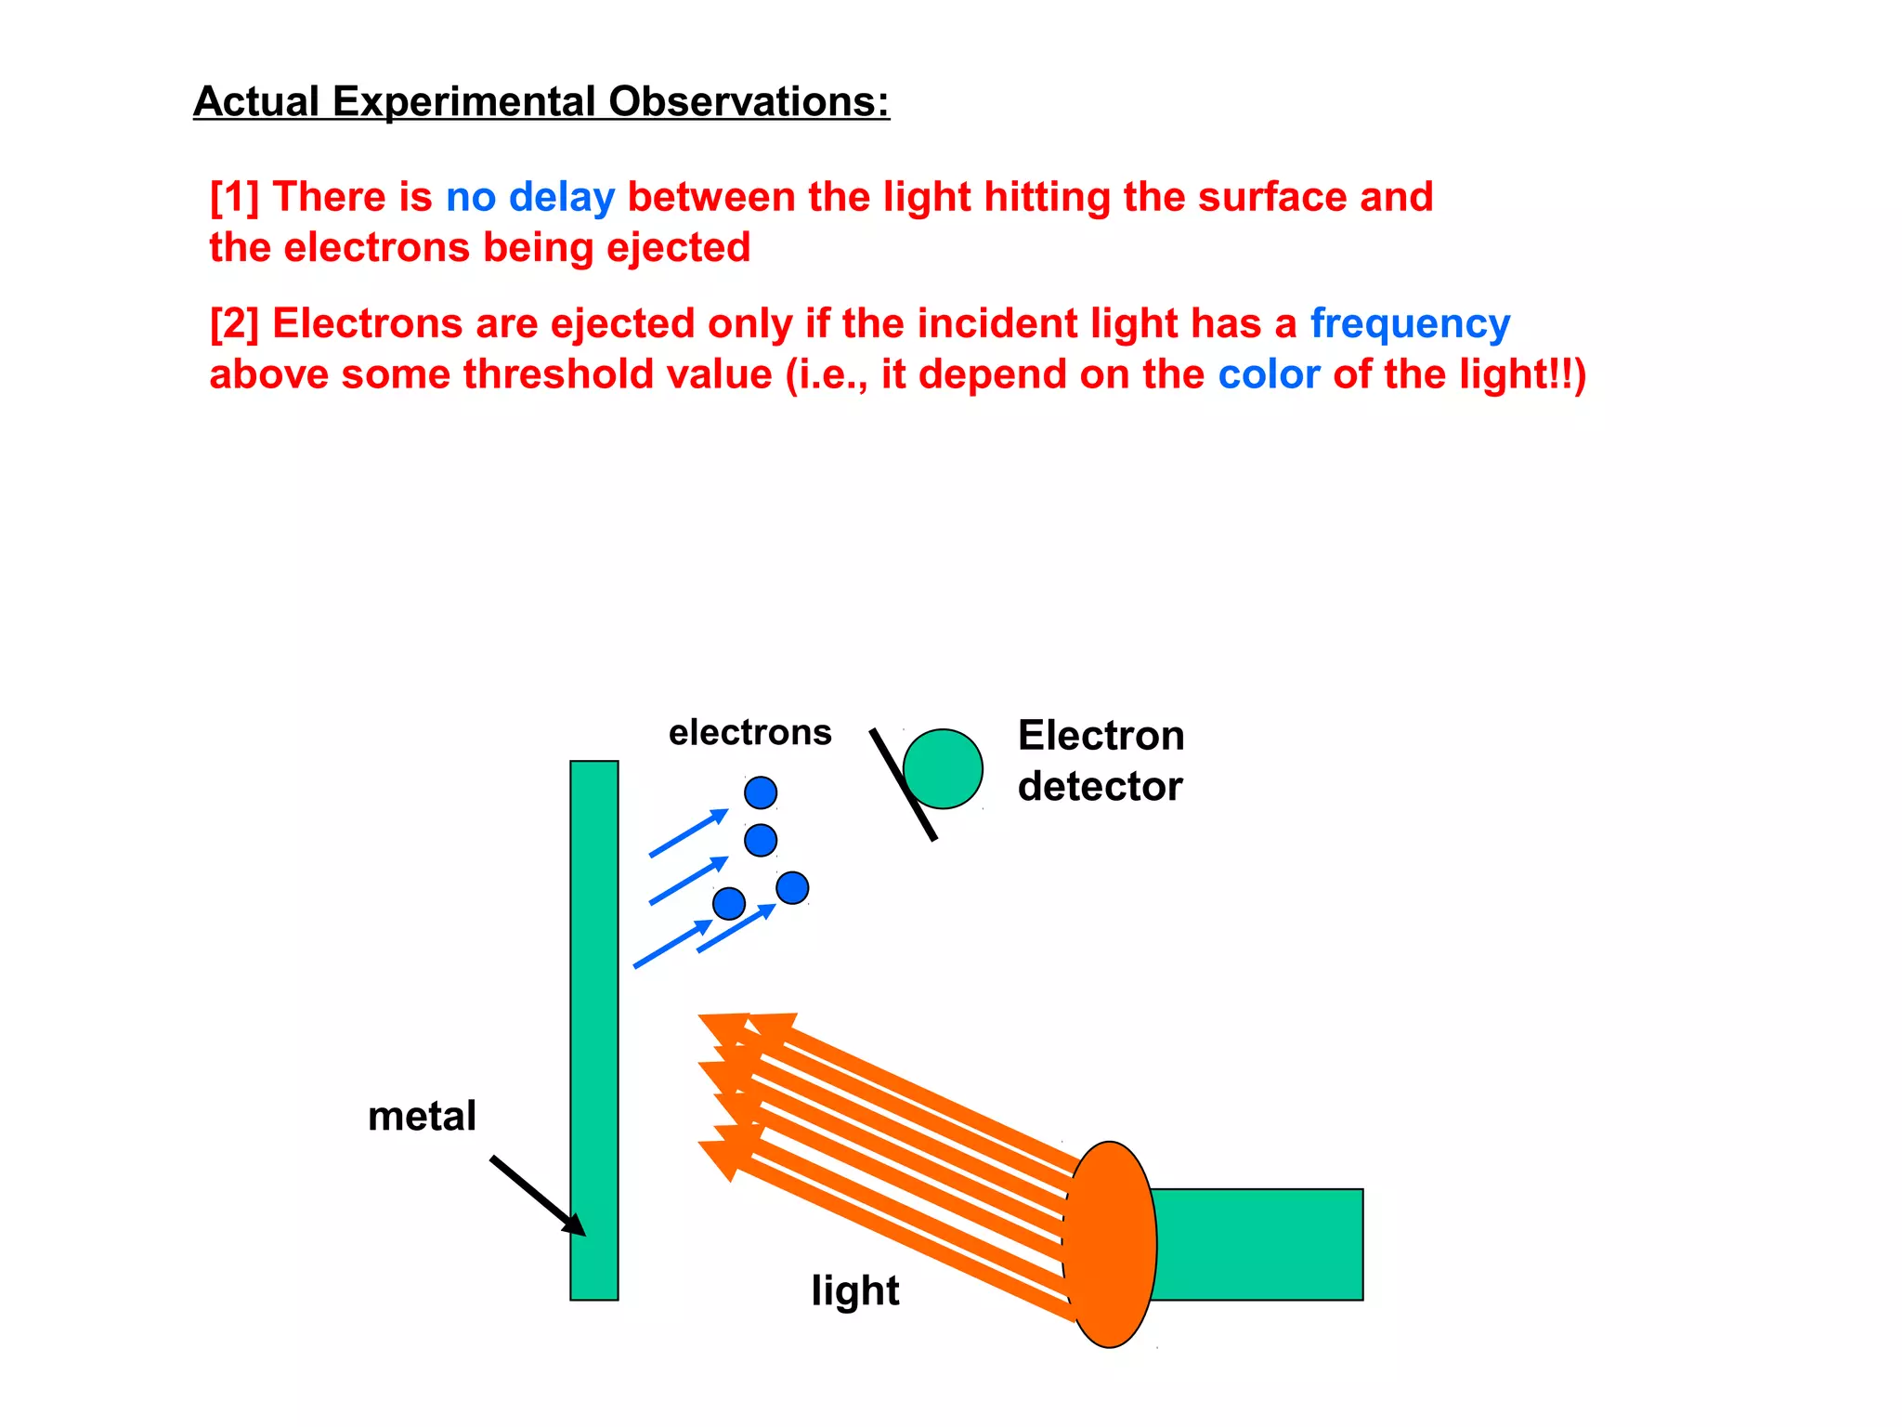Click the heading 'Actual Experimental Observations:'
click(541, 101)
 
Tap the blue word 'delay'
click(561, 197)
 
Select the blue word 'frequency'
click(1410, 324)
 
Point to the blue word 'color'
click(1269, 374)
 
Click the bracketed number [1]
click(234, 197)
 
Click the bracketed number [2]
click(234, 324)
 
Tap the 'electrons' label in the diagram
click(749, 733)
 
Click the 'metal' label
click(422, 1116)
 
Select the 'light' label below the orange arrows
click(854, 1290)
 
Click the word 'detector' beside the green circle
click(1100, 787)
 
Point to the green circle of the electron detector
click(944, 769)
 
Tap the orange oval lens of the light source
click(1111, 1244)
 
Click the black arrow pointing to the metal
click(537, 1195)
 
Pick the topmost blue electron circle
click(761, 792)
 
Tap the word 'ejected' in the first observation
click(678, 248)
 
